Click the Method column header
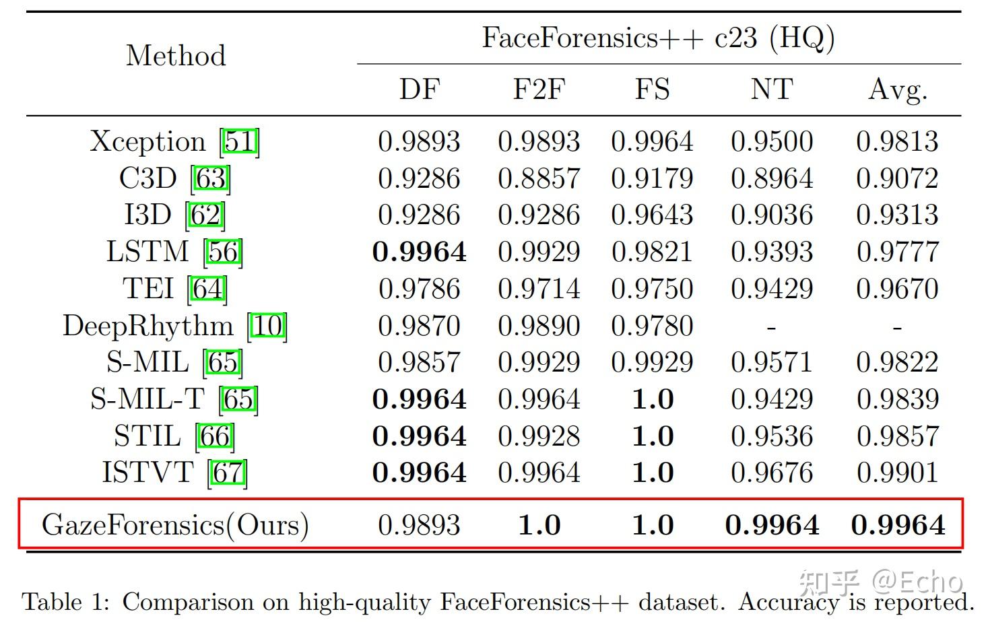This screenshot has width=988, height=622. pyautogui.click(x=176, y=56)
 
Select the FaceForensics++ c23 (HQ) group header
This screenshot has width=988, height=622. pyautogui.click(x=658, y=38)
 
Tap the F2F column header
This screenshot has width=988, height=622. pyautogui.click(x=539, y=89)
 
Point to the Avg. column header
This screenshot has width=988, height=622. pyautogui.click(x=898, y=89)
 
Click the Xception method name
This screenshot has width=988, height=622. pyautogui.click(x=147, y=141)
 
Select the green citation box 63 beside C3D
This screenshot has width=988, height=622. pyautogui.click(x=211, y=178)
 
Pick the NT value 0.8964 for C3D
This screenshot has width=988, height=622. pyautogui.click(x=772, y=178)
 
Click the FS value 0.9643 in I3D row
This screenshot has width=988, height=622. pyautogui.click(x=652, y=215)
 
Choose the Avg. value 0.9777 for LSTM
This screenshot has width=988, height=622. pyautogui.click(x=898, y=252)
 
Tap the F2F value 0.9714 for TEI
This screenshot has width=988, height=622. pyautogui.click(x=539, y=289)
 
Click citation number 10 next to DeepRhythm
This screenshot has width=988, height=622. pyautogui.click(x=268, y=326)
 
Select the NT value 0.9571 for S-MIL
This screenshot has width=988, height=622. pyautogui.click(x=772, y=362)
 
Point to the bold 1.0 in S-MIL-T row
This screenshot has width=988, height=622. pyautogui.click(x=653, y=399)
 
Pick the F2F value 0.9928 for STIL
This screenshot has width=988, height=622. pyautogui.click(x=539, y=436)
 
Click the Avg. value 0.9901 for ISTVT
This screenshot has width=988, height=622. pyautogui.click(x=898, y=473)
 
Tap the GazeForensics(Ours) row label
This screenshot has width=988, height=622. pyautogui.click(x=175, y=524)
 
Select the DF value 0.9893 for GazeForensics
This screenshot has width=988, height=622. pyautogui.click(x=419, y=525)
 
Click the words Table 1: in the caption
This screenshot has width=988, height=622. pyautogui.click(x=65, y=601)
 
